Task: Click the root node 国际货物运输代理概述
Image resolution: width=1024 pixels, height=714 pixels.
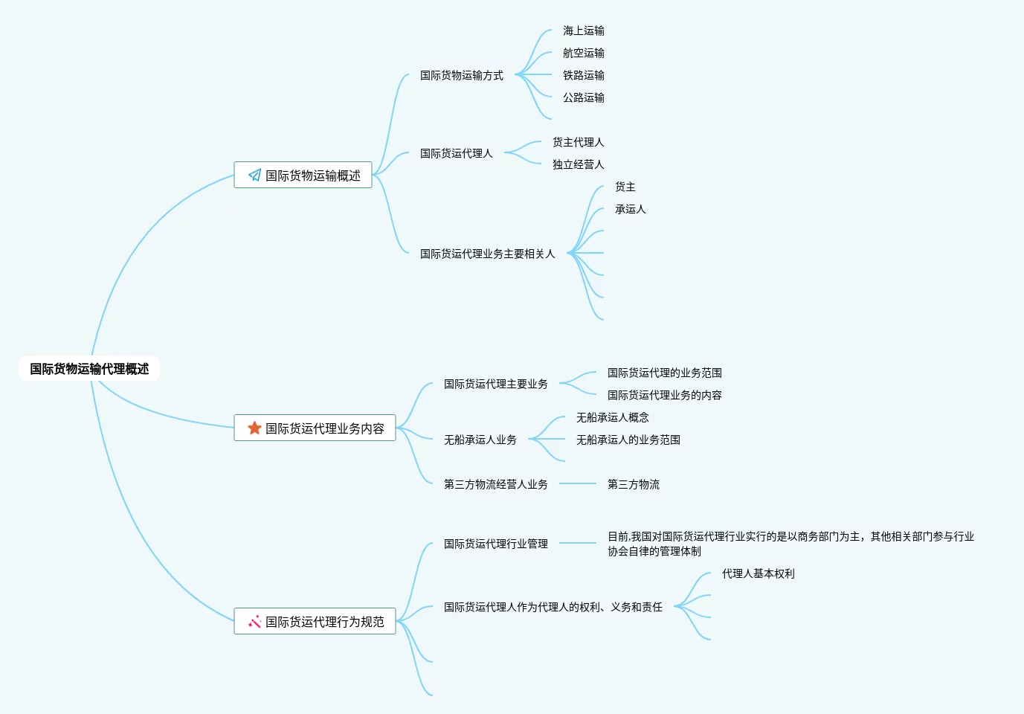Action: pyautogui.click(x=89, y=369)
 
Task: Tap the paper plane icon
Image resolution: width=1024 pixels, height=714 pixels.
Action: pyautogui.click(x=254, y=176)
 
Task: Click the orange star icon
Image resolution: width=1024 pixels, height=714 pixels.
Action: pyautogui.click(x=254, y=428)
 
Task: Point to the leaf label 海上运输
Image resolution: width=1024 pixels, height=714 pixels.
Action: pyautogui.click(x=583, y=30)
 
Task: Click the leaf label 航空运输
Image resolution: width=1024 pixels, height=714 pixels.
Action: pyautogui.click(x=583, y=53)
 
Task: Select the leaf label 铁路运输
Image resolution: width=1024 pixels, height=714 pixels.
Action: pyautogui.click(x=583, y=75)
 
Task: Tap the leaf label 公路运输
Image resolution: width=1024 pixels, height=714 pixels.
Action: pyautogui.click(x=583, y=97)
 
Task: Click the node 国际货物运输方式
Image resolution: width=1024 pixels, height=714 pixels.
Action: pyautogui.click(x=461, y=75)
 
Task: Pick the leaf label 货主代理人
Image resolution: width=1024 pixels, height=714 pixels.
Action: pyautogui.click(x=578, y=142)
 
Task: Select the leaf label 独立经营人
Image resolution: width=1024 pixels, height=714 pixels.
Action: pyautogui.click(x=578, y=164)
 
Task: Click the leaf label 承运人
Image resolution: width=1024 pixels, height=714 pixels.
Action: pyautogui.click(x=630, y=209)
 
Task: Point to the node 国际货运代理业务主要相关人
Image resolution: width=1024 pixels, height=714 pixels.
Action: pyautogui.click(x=487, y=254)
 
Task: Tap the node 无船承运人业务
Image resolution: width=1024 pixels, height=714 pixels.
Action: pyautogui.click(x=480, y=440)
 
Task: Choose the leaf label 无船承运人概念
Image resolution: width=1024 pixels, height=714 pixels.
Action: pyautogui.click(x=612, y=417)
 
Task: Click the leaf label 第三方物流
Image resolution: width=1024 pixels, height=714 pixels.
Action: pyautogui.click(x=633, y=484)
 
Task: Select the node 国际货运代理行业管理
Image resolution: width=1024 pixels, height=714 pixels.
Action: pyautogui.click(x=495, y=544)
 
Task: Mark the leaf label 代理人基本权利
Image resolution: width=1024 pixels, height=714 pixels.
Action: pyautogui.click(x=758, y=573)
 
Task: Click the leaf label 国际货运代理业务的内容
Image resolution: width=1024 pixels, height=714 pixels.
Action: pyautogui.click(x=664, y=395)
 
